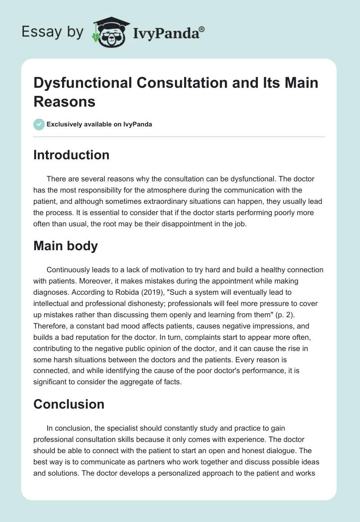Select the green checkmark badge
(40, 124)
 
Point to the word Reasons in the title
(64, 101)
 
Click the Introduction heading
(72, 155)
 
